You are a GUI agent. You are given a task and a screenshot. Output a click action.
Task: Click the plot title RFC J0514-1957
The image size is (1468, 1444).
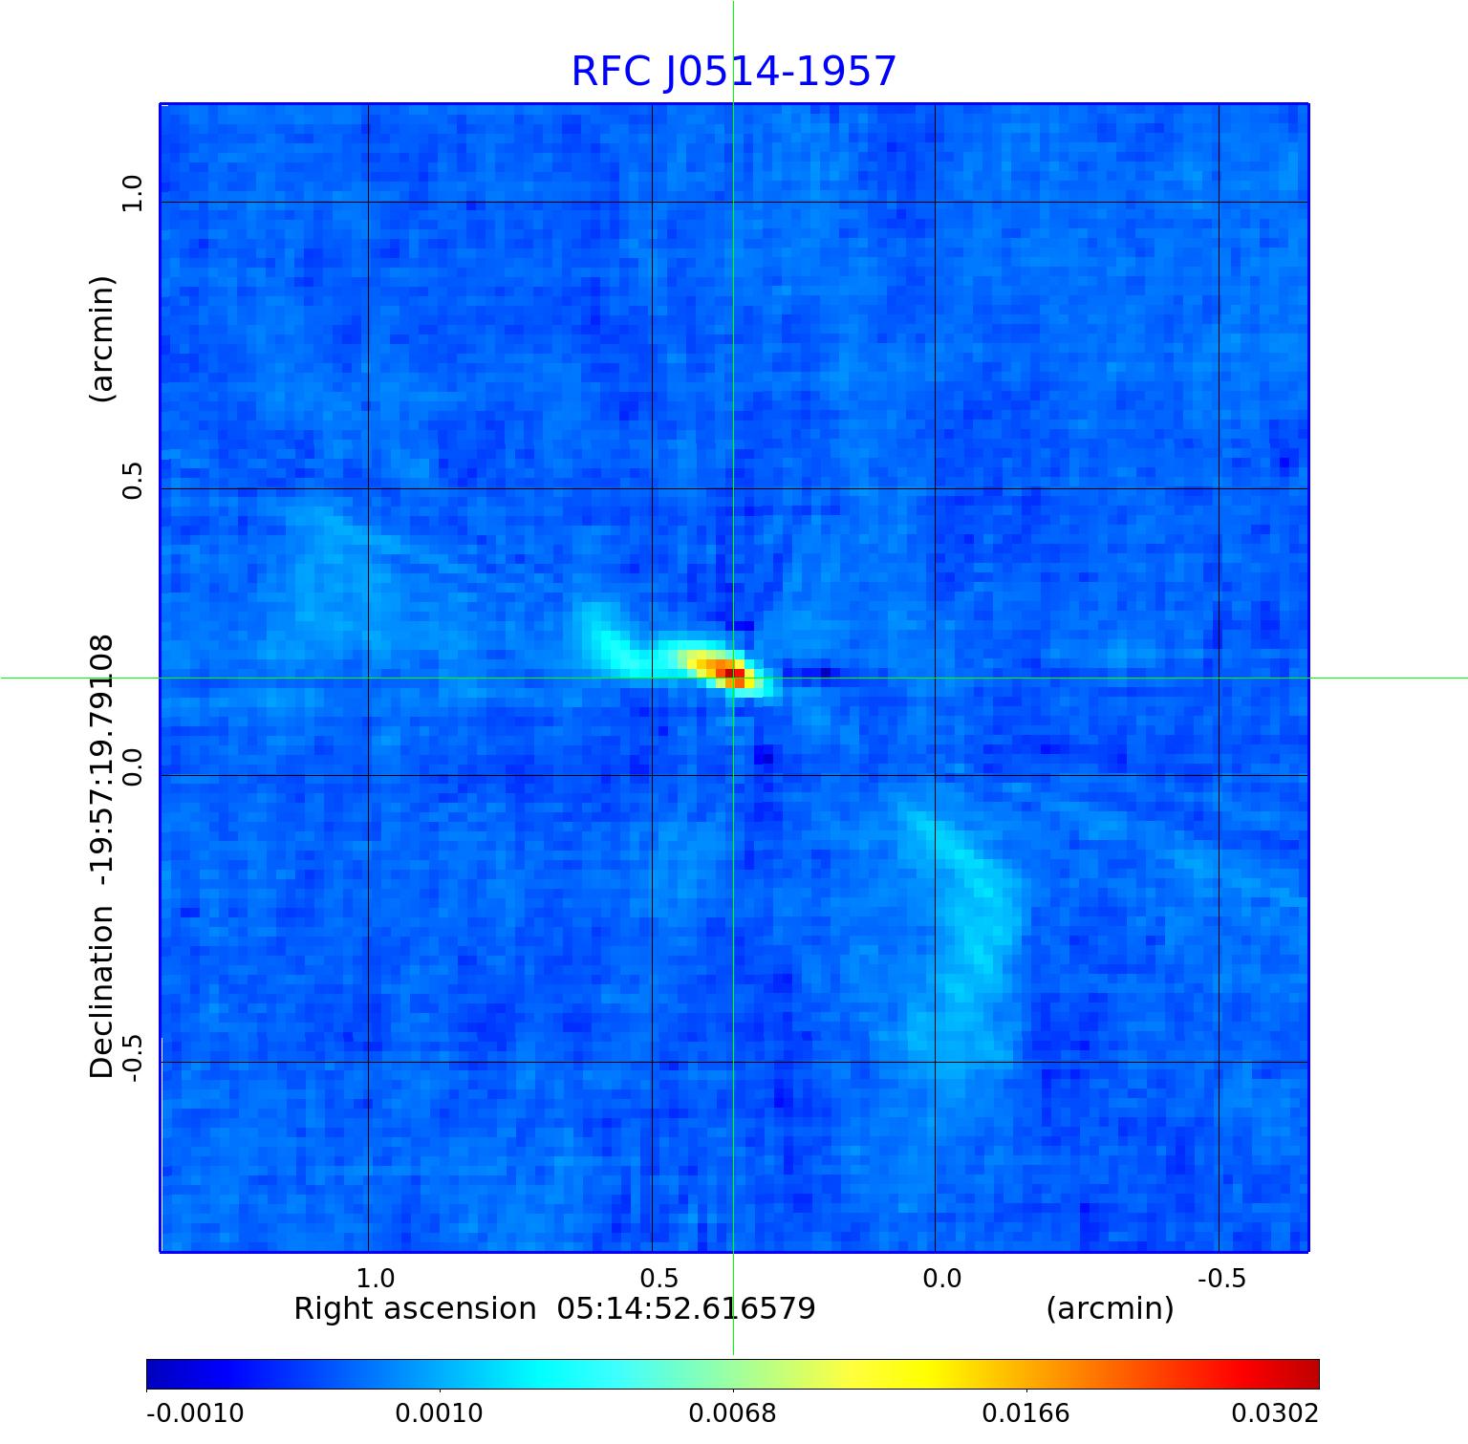click(x=733, y=72)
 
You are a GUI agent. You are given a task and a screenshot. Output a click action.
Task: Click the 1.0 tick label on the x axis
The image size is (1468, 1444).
click(x=375, y=1279)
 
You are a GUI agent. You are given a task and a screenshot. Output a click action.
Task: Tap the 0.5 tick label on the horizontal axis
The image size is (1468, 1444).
click(x=658, y=1279)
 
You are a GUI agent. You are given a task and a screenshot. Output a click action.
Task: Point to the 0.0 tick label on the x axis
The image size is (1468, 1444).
click(x=941, y=1279)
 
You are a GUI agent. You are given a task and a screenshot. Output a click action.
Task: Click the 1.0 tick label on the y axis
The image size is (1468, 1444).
click(x=132, y=194)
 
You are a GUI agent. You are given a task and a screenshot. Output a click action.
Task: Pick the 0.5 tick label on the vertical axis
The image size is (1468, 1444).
click(x=132, y=480)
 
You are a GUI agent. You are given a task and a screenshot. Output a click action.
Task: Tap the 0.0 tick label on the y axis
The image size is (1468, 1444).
click(x=132, y=766)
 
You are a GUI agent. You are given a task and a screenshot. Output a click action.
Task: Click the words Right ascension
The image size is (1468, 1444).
click(x=415, y=1308)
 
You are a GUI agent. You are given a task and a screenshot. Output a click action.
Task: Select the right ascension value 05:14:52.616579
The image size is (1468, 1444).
click(x=686, y=1308)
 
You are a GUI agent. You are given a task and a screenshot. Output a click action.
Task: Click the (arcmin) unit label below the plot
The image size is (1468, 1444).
click(x=1110, y=1308)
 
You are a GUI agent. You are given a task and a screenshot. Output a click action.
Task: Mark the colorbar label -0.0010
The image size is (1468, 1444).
click(x=195, y=1412)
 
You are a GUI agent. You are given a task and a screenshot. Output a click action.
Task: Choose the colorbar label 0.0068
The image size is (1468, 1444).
click(x=733, y=1412)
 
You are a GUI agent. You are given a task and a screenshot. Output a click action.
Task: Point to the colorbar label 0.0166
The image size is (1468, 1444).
click(x=1026, y=1412)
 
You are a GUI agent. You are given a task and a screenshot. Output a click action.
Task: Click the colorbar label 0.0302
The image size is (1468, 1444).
click(x=1274, y=1412)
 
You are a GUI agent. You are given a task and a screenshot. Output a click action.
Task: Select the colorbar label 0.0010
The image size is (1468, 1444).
click(x=440, y=1412)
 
